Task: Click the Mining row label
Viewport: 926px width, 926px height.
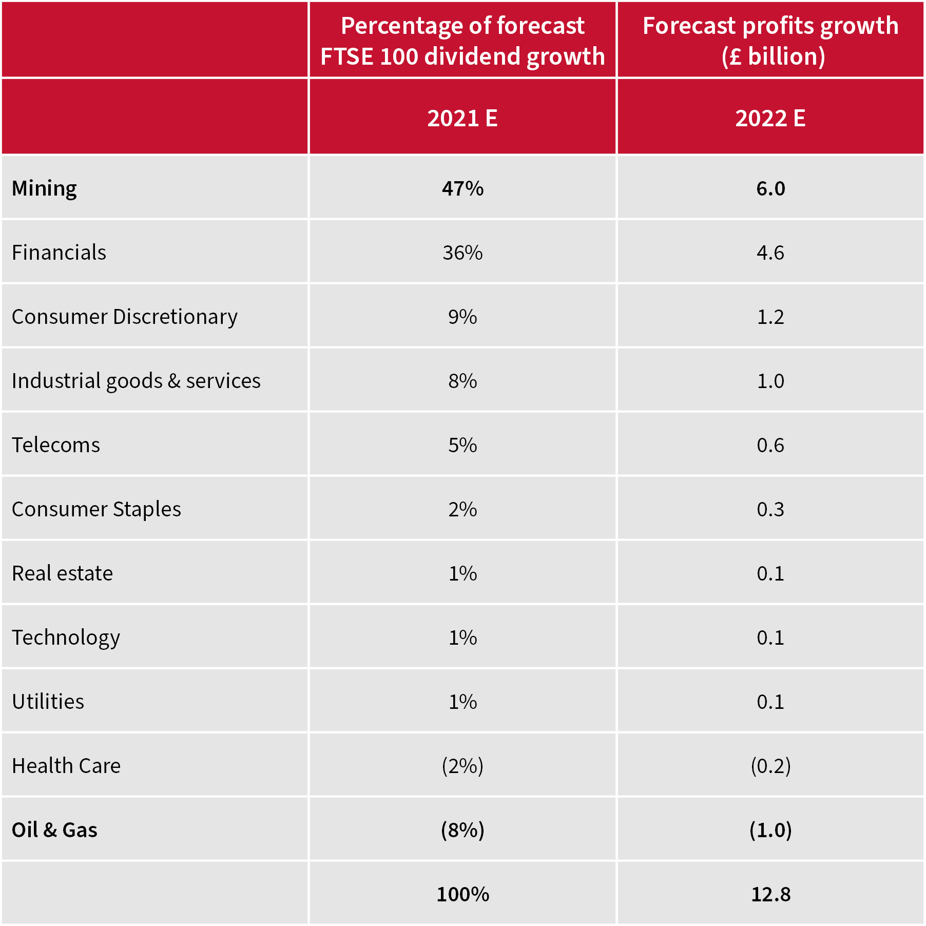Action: point(44,188)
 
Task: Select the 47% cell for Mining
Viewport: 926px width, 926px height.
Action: point(462,188)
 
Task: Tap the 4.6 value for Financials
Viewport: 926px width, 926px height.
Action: point(770,253)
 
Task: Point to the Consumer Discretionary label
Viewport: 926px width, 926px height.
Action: point(124,317)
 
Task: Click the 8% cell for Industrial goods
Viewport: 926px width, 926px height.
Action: point(462,381)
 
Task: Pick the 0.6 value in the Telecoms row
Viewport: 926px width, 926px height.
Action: point(770,445)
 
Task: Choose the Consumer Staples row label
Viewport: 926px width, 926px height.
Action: point(96,509)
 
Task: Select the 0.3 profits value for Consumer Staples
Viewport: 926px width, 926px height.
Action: point(770,509)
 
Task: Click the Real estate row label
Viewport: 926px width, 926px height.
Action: point(62,573)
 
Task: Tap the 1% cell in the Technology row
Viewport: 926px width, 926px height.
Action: point(462,638)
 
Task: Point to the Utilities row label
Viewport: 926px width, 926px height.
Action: point(48,702)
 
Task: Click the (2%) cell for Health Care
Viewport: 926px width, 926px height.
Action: point(462,766)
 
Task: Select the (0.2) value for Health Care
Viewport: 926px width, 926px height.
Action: point(770,766)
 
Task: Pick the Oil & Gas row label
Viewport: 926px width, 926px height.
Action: point(54,830)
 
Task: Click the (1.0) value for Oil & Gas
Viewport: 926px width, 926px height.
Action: point(770,830)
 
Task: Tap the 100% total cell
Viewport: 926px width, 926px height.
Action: point(462,894)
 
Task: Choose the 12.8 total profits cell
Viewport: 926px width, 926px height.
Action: point(770,894)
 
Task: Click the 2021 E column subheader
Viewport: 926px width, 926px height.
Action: point(462,118)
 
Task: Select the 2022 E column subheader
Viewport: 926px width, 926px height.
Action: point(770,118)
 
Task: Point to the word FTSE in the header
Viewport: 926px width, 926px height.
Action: point(347,56)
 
